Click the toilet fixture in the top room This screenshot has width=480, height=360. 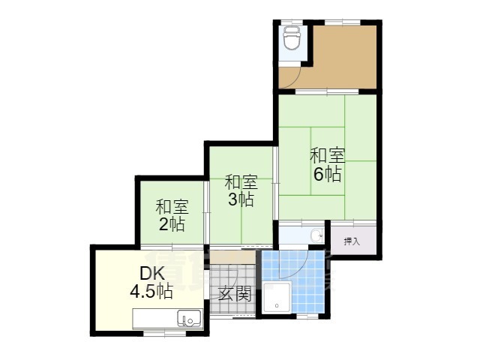[x=292, y=37]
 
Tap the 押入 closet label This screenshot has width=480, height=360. [x=352, y=241]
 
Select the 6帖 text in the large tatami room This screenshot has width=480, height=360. [x=327, y=174]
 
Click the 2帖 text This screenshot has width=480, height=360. [x=172, y=224]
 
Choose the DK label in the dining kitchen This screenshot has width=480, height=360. [x=152, y=273]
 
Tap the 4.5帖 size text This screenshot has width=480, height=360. [x=151, y=291]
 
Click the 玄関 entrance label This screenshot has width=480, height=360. [x=235, y=293]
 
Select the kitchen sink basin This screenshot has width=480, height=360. [x=189, y=318]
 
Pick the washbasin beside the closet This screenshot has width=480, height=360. [x=316, y=235]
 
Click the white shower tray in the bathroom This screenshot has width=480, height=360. [x=277, y=298]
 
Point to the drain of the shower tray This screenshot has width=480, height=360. [x=277, y=305]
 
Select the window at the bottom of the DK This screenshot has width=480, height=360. [x=164, y=333]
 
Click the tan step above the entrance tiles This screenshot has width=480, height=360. [x=232, y=258]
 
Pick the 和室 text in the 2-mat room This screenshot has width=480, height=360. [x=172, y=207]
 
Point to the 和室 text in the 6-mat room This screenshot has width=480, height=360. [x=327, y=155]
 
